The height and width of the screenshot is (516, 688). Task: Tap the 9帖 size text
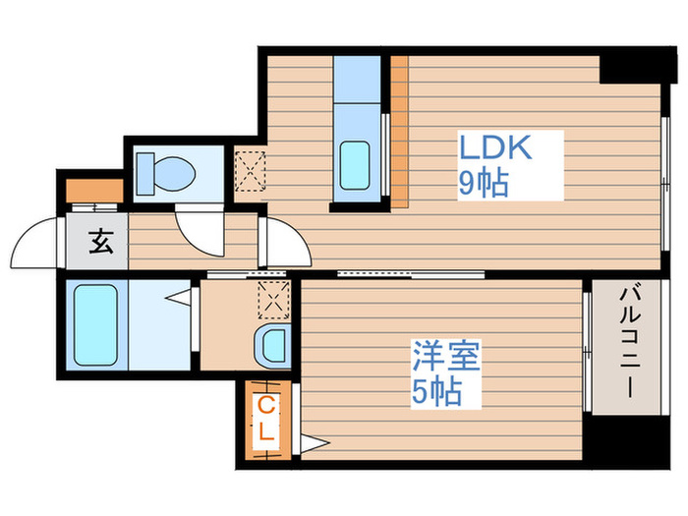484,183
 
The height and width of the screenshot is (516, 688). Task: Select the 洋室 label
446,356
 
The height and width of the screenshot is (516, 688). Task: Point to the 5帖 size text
436,392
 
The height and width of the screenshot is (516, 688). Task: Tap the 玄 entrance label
100,242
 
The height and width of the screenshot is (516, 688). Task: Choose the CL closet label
266,418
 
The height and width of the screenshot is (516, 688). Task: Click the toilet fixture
165,172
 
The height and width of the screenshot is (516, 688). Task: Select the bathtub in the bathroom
95,324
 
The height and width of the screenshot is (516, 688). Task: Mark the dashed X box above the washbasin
270,299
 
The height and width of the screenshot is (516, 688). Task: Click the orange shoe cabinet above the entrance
94,188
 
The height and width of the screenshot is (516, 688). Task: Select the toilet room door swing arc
201,232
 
